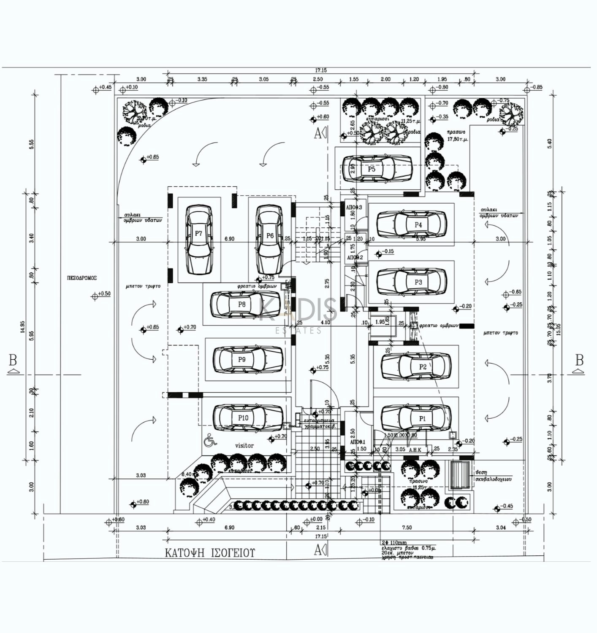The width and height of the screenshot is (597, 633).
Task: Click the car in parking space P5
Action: click(x=377, y=169)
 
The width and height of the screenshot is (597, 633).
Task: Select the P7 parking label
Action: click(x=198, y=233)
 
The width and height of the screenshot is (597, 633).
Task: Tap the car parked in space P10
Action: click(x=247, y=418)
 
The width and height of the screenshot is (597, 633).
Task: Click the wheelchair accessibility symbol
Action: click(x=210, y=441)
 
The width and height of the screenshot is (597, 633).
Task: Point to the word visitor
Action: click(x=244, y=445)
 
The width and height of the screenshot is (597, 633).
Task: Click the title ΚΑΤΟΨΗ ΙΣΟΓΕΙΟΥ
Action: click(x=210, y=553)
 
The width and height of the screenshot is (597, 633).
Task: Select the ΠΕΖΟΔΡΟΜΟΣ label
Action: click(x=82, y=278)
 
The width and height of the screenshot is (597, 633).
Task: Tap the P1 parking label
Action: click(x=422, y=418)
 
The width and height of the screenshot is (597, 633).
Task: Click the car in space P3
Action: click(x=411, y=282)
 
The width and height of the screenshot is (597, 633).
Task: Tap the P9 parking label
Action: click(x=242, y=360)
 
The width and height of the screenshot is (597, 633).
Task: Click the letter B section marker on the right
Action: click(x=579, y=361)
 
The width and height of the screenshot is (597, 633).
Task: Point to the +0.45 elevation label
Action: click(x=105, y=87)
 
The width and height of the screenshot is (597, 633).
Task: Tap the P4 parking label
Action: click(x=418, y=225)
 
